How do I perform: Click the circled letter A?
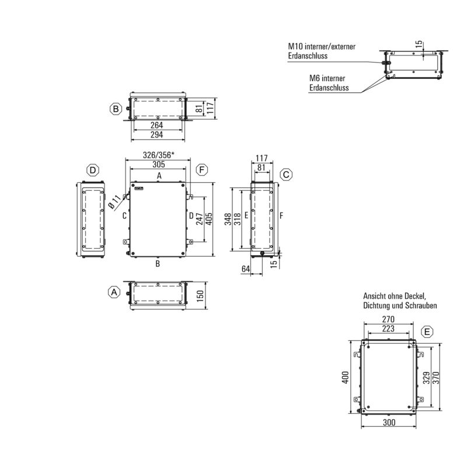click(x=114, y=291)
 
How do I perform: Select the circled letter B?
click(x=116, y=109)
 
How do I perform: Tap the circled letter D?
click(x=92, y=170)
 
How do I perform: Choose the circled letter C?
click(x=286, y=175)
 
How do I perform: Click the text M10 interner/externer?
click(x=322, y=47)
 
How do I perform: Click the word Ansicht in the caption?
click(x=375, y=295)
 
